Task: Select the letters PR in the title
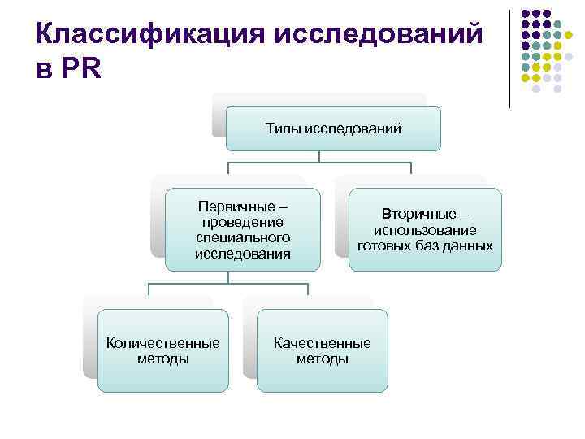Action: tap(80, 69)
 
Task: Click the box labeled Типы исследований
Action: tap(332, 128)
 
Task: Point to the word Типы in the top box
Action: tap(283, 128)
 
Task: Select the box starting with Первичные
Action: tap(242, 229)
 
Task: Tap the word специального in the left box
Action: tap(242, 237)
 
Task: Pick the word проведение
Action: tap(242, 222)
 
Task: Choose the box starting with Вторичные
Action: tap(425, 229)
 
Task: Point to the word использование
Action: tap(425, 230)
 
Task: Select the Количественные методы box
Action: tap(163, 350)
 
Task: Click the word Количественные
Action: tap(163, 343)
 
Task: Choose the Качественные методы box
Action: tap(322, 350)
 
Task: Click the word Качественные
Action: tap(322, 343)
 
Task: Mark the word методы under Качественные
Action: tap(322, 359)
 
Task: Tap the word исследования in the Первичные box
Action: tap(242, 254)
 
